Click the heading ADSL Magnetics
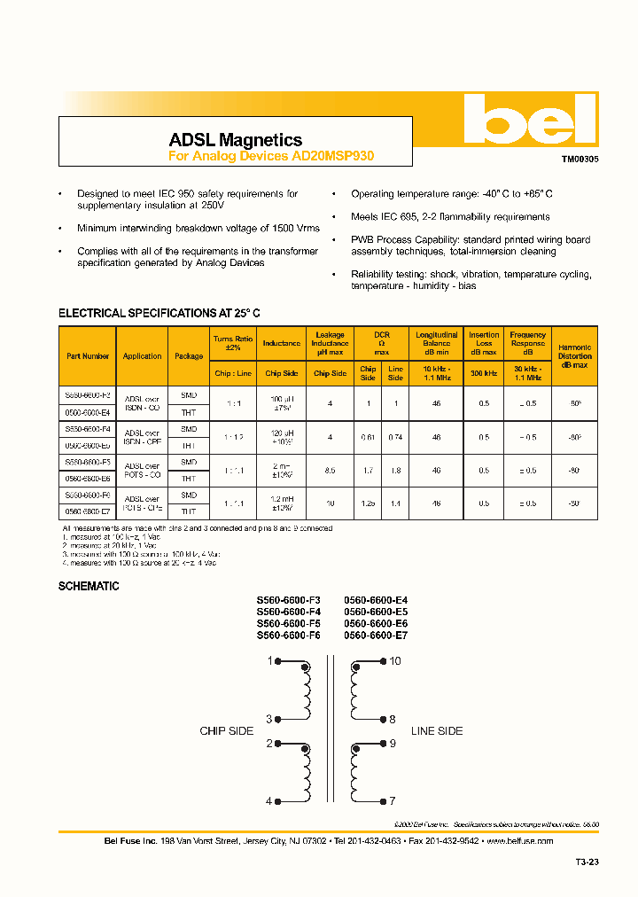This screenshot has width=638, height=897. pos(235,140)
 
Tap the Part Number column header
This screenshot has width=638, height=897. pos(88,356)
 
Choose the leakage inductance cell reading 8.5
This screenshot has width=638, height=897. pos(330,471)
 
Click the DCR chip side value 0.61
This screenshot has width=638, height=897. pos(368,437)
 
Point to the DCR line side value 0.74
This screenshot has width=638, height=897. pos(395,437)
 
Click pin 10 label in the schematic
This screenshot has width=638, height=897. pos(395,661)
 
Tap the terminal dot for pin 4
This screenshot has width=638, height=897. pos(278,801)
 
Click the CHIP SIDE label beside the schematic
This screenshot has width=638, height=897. pos(226,731)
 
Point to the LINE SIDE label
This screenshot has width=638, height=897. pos(437,731)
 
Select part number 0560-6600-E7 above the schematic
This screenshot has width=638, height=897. pos(376,636)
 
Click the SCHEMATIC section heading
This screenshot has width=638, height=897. pos(89,587)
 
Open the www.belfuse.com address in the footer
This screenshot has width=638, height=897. pos(519,840)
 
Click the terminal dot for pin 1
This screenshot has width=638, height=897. pos(278,661)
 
